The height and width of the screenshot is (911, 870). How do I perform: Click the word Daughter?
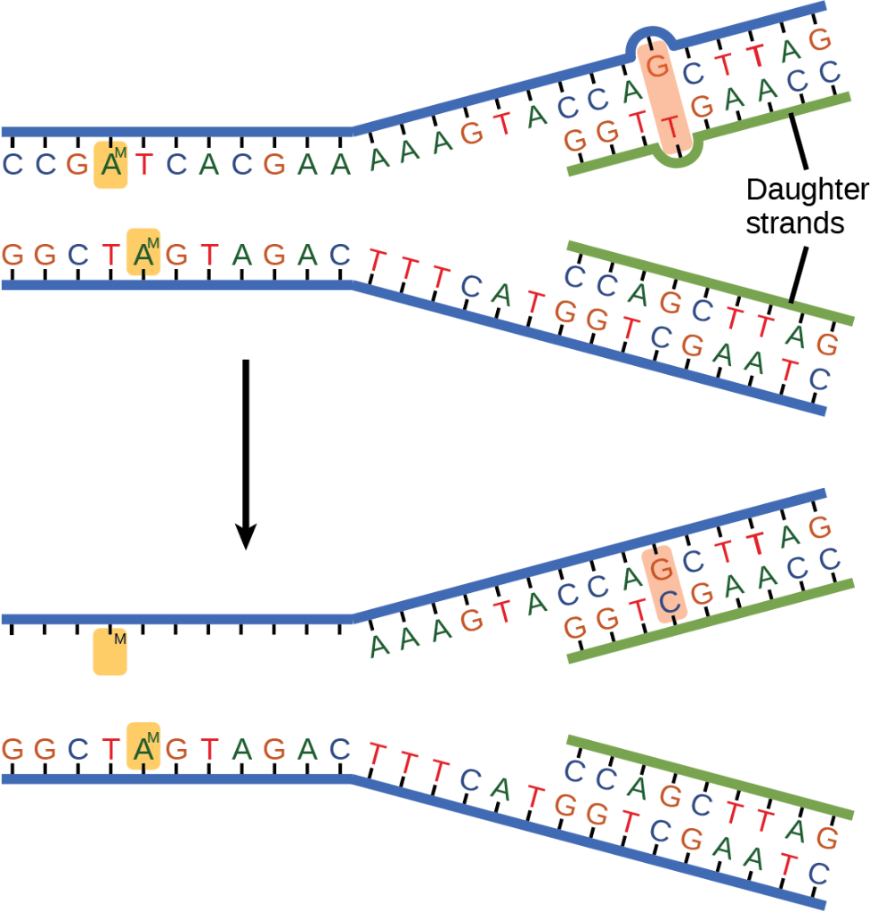point(808,191)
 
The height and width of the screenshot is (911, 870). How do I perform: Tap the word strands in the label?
point(795,224)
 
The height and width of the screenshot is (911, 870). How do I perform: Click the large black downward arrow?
point(246,454)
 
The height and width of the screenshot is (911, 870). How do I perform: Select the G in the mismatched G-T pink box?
point(657,66)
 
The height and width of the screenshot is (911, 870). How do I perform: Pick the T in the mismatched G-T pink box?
point(671,127)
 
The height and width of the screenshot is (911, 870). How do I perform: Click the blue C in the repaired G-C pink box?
point(670,601)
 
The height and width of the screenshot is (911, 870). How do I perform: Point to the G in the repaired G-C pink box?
point(662,569)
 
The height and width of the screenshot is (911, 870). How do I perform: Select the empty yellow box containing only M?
point(110,652)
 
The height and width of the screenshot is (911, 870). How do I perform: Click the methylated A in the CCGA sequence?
point(110,165)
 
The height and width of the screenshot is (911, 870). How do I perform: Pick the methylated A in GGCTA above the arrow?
point(143,255)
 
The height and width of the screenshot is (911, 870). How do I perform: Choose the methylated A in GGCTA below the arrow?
point(143,749)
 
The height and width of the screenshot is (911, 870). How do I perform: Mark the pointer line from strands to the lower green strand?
point(799,275)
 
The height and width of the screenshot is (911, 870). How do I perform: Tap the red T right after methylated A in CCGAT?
point(144,165)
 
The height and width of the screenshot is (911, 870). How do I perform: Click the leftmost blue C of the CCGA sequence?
point(12,165)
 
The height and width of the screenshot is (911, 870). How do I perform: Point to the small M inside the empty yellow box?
point(119,639)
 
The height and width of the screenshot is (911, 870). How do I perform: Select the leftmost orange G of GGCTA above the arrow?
point(12,255)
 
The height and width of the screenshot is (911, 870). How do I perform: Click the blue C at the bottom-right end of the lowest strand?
point(818,874)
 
